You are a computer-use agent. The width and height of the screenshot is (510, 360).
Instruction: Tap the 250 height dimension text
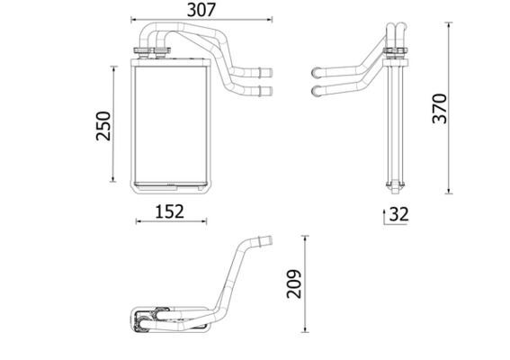click(103, 126)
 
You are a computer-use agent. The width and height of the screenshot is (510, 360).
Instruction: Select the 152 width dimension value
click(168, 211)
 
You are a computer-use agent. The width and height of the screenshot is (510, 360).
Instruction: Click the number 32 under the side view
click(398, 215)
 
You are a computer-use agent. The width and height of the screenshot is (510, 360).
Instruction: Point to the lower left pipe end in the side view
click(316, 90)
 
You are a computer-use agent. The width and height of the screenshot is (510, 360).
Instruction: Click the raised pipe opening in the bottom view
click(264, 239)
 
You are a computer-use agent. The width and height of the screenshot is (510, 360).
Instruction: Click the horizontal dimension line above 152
click(169, 221)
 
